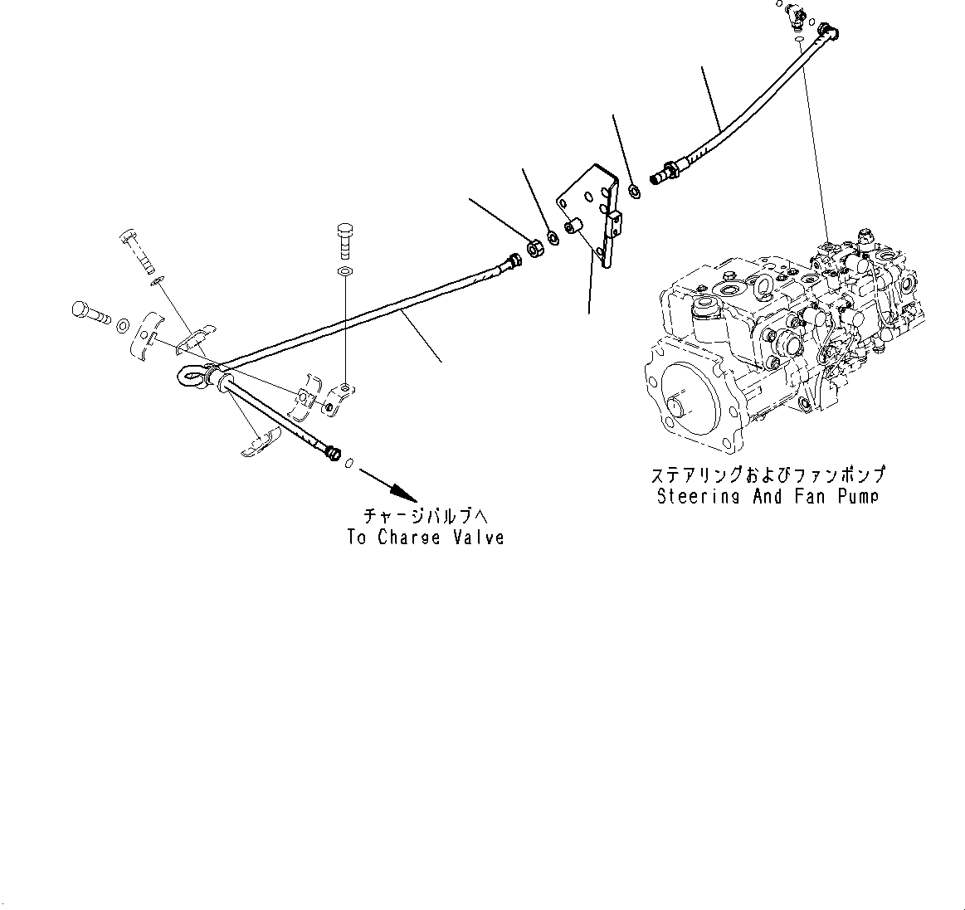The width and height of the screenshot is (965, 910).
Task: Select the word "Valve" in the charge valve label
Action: pos(478,538)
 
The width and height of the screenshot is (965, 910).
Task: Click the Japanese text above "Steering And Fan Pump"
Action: pos(768,475)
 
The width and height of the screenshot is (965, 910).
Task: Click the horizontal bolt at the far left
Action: pos(90,314)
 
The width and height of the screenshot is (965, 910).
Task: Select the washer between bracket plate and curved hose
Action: pos(634,191)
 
